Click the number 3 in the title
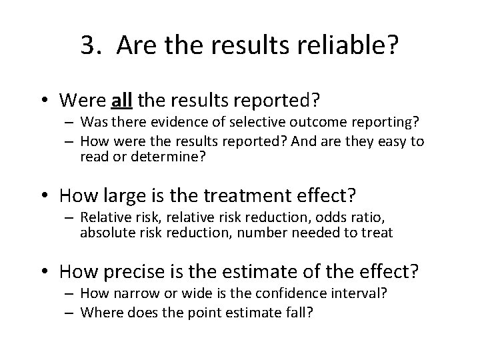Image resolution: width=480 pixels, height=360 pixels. (88, 45)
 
